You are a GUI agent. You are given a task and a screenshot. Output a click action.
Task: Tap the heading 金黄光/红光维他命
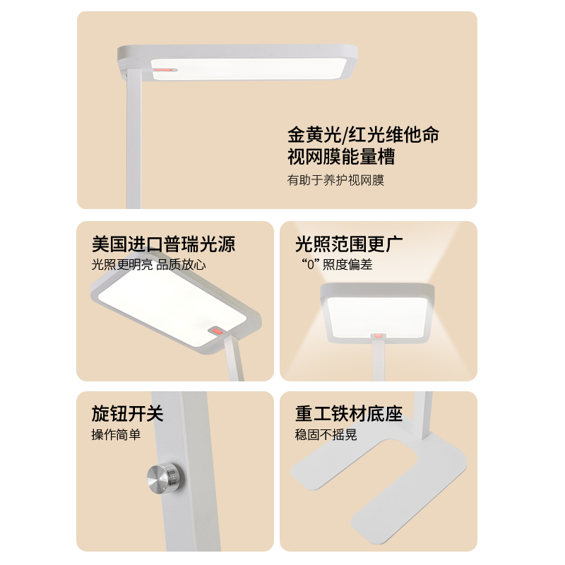363,135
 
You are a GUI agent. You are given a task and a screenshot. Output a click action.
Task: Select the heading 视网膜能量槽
341,156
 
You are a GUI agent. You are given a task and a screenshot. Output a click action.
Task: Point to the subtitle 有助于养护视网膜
335,180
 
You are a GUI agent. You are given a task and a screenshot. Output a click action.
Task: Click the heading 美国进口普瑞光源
164,244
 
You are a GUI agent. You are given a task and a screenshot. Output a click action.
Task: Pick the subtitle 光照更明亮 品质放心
148,264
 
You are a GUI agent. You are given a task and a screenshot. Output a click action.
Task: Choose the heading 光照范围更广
349,244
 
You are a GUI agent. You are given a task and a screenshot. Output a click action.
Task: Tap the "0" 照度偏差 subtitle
337,264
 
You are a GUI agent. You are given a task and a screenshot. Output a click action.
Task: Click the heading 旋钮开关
128,413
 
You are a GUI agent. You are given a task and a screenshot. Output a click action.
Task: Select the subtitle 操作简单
116,434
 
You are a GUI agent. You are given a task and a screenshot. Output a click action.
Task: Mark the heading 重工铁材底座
349,413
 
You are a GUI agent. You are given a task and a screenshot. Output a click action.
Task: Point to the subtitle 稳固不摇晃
326,434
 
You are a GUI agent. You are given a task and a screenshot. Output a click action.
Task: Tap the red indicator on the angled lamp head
217,331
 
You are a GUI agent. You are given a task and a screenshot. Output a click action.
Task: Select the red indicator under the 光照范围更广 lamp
378,335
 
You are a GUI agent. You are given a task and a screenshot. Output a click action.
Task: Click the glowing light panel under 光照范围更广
377,316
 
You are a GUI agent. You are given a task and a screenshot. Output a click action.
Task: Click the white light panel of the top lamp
249,69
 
